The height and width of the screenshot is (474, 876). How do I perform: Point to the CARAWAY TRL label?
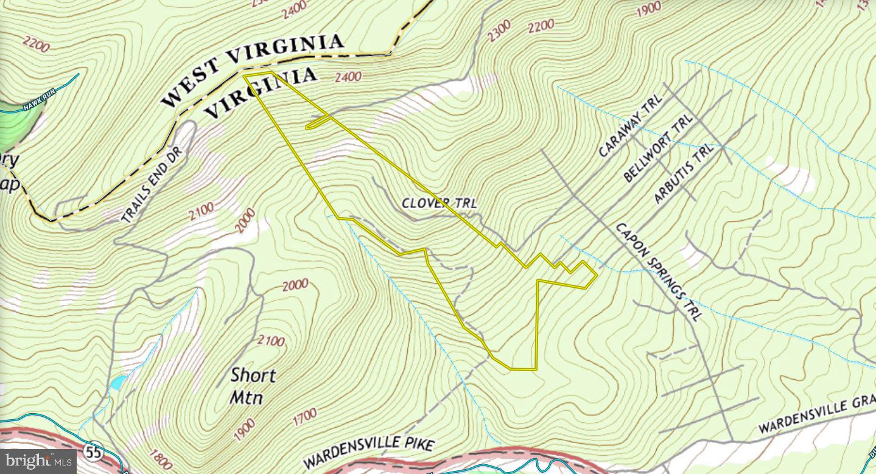point(630,129)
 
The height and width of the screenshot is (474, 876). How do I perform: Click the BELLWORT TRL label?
point(659,149)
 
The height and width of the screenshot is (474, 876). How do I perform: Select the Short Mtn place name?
point(252,386)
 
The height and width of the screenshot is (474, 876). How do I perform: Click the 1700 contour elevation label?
point(304,417)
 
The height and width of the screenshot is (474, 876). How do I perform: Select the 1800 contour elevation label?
point(160,456)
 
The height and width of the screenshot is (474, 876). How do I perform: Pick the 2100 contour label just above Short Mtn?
point(271,340)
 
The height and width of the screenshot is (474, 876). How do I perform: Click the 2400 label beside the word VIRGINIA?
point(348,77)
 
